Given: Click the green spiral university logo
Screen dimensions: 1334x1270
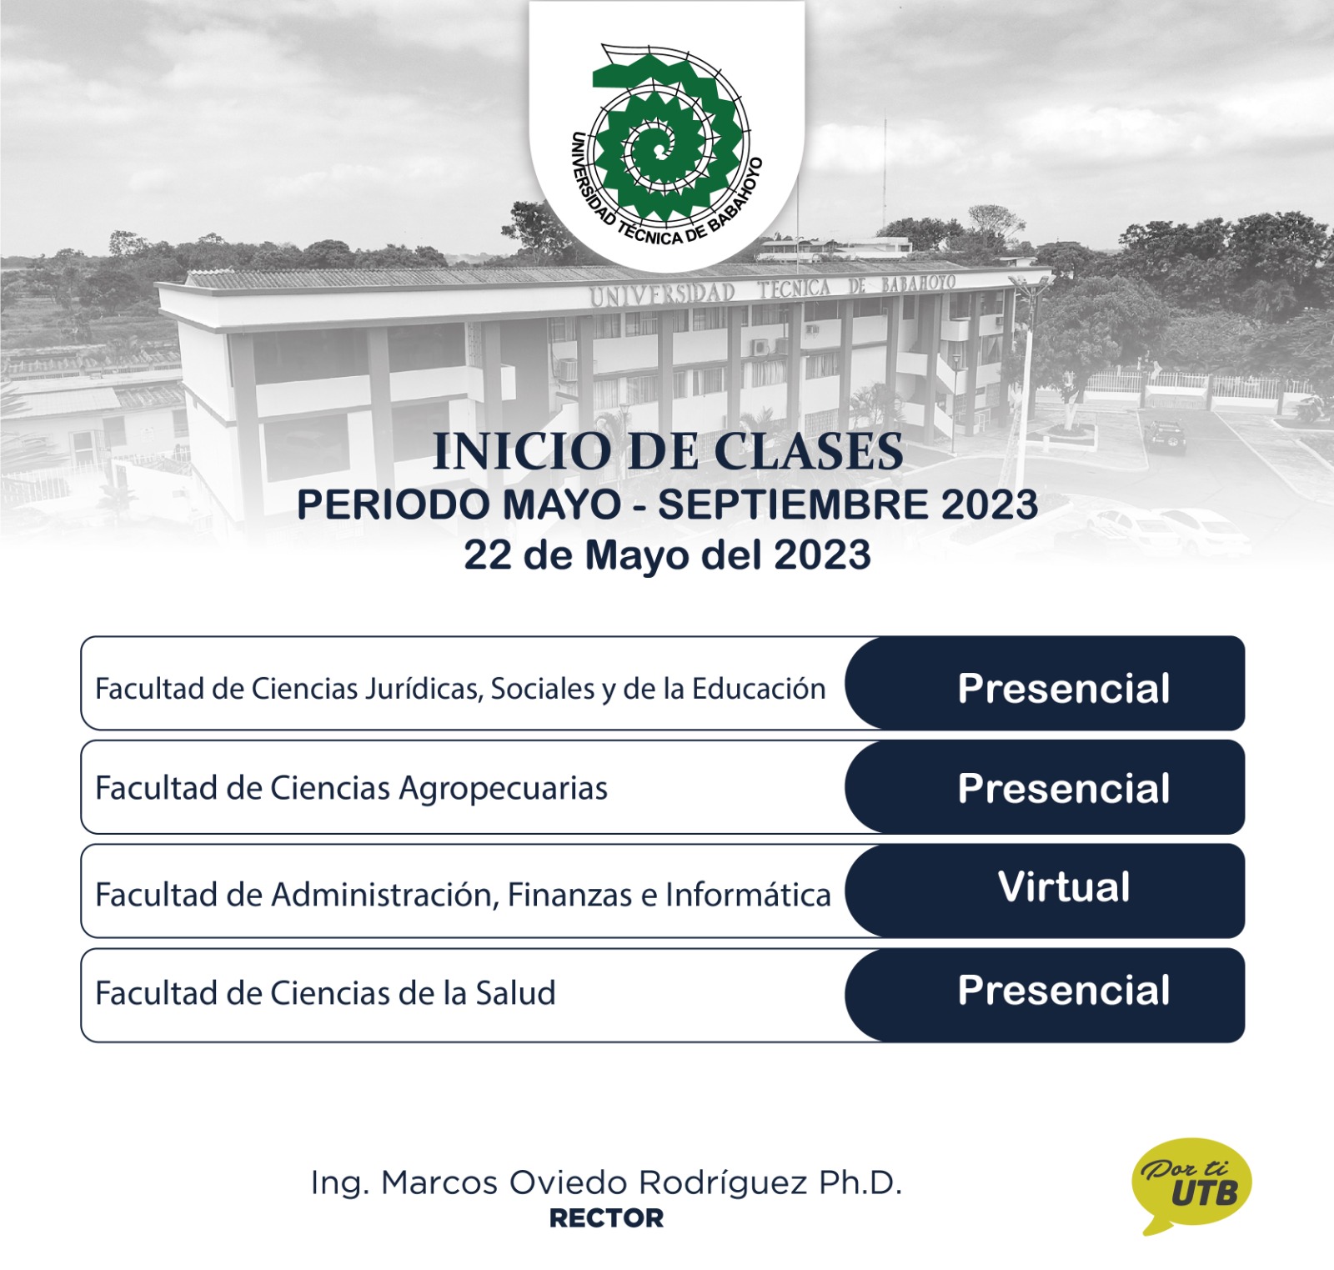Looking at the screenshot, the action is [x=667, y=138].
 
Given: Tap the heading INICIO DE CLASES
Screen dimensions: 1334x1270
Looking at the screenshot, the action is [x=668, y=452].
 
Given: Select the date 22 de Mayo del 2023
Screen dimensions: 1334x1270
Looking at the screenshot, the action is [x=668, y=555].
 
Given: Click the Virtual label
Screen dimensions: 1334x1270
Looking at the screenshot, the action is [x=1064, y=886].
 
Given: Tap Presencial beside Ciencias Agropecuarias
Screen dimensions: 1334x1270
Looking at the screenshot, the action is [x=1064, y=788].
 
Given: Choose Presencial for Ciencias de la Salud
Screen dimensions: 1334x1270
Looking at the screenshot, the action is [x=1064, y=991].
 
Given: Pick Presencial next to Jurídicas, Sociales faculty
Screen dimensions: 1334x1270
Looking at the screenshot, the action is [x=1064, y=689].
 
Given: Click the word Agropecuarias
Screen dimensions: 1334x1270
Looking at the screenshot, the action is [x=504, y=789].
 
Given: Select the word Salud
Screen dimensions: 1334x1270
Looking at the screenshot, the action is [x=515, y=993].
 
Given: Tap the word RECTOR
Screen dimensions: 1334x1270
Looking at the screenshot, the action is [x=606, y=1218].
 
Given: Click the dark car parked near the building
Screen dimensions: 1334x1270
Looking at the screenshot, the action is [x=1165, y=436].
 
